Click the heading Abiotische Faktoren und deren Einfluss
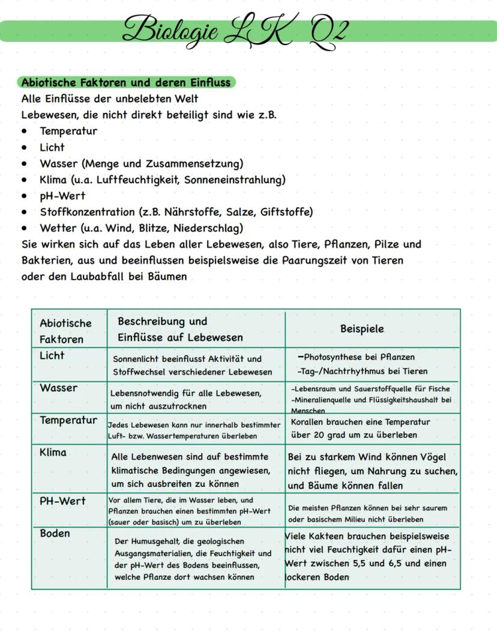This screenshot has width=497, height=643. click(126, 82)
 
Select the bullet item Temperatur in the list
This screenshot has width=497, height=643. click(68, 131)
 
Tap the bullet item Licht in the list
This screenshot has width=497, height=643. click(52, 147)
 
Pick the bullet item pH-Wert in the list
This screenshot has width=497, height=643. click(62, 196)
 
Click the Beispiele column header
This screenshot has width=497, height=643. click(362, 329)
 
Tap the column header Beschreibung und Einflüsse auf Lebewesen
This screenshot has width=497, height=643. click(180, 329)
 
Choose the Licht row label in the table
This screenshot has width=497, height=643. click(52, 356)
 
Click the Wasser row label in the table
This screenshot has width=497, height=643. click(58, 388)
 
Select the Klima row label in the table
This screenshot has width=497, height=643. click(53, 453)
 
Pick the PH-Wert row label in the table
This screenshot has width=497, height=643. click(62, 501)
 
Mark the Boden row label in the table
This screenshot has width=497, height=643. click(55, 534)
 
